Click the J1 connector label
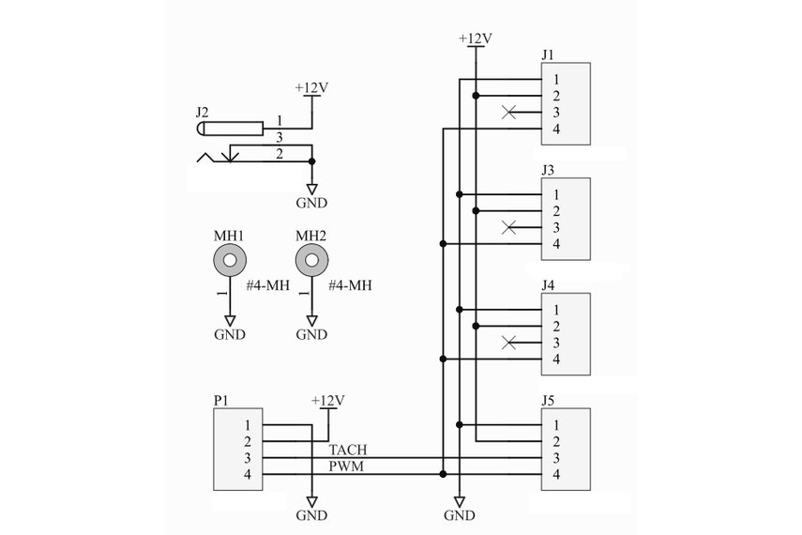point(549,54)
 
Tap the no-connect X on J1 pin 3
point(508,113)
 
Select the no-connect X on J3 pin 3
point(508,227)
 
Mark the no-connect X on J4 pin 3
point(508,343)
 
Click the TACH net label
point(348,451)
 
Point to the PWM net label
point(346,466)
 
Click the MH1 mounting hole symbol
point(230,259)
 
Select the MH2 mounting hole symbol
point(310,259)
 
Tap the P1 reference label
point(221,400)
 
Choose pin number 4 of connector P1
point(248,475)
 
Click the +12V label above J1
point(476,38)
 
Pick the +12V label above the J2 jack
point(311,88)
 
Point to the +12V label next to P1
point(327,401)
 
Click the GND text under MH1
point(230,334)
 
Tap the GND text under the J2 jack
point(311,203)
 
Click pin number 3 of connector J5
point(556,458)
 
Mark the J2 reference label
point(203,112)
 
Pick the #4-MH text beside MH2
point(350,285)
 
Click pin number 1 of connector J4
point(556,310)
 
